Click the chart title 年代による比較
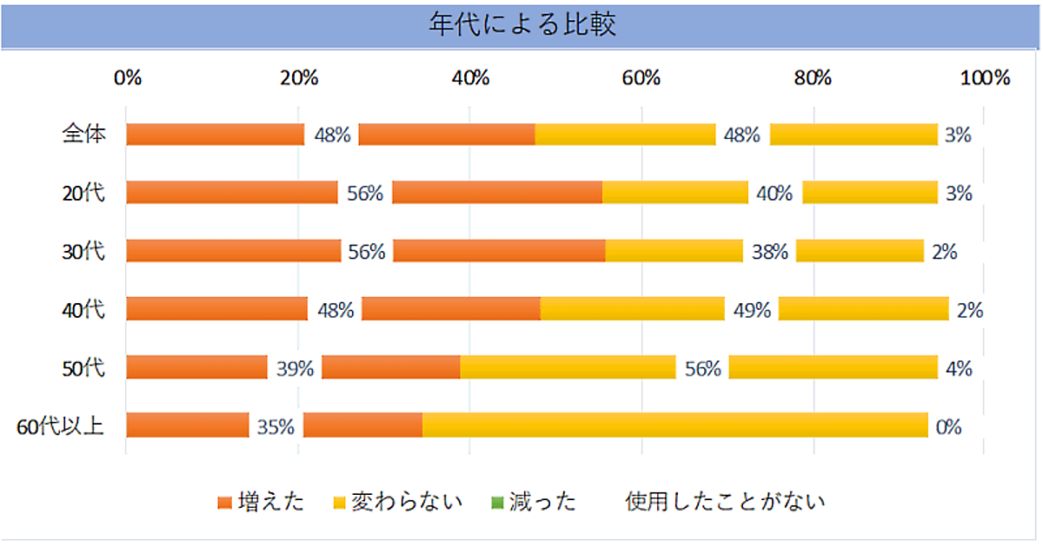[x=521, y=25]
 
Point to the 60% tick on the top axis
[x=641, y=77]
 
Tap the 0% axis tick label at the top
[x=128, y=77]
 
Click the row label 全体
[x=84, y=135]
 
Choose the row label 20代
[x=85, y=193]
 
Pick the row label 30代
[x=85, y=252]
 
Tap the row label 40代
[x=85, y=309]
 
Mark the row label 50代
[x=85, y=368]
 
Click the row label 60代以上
[x=61, y=426]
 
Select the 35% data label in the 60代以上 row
[x=276, y=427]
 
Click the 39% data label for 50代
[x=295, y=368]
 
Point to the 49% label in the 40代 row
[x=752, y=310]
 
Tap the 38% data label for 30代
[x=769, y=252]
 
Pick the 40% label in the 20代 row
[x=774, y=194]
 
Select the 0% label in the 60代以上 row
[x=948, y=427]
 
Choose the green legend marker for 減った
[x=497, y=503]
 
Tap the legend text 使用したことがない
[x=725, y=502]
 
